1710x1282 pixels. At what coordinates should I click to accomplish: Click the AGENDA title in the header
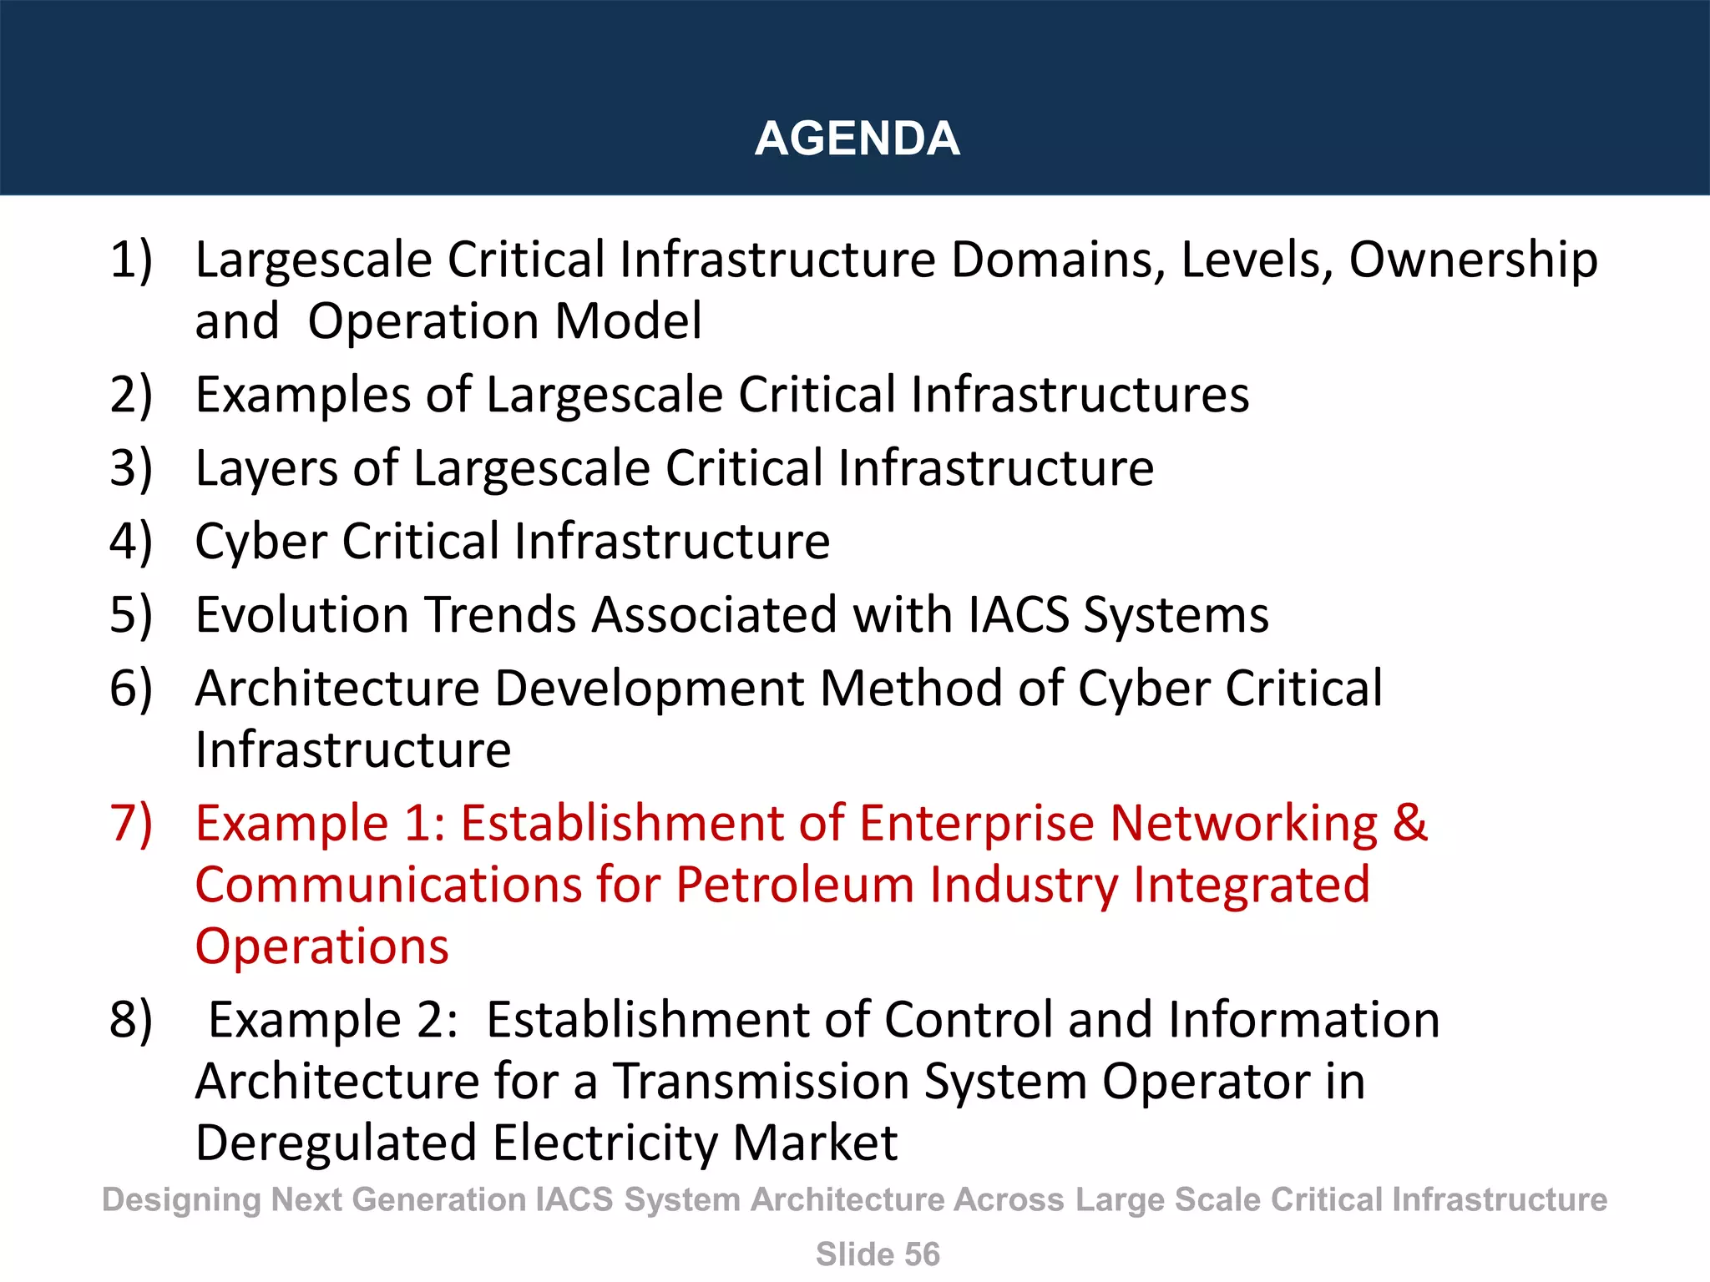(857, 139)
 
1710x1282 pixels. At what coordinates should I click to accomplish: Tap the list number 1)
(131, 260)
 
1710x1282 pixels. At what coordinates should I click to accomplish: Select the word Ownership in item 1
(1473, 260)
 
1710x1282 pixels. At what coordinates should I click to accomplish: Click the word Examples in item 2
(302, 394)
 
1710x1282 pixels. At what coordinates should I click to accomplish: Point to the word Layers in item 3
(266, 467)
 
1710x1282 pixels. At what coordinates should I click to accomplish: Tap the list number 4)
(131, 541)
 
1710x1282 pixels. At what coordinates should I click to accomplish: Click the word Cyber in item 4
(260, 541)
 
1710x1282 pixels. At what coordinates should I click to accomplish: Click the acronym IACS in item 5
(1019, 614)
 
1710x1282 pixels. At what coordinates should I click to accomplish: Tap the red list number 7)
(131, 823)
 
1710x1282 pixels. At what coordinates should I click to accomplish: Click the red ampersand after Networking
(1410, 823)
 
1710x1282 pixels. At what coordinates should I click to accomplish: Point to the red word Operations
(322, 946)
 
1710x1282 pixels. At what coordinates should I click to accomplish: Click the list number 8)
(131, 1020)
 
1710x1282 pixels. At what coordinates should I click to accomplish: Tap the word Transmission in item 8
(761, 1082)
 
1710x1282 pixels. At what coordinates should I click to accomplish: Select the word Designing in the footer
(181, 1200)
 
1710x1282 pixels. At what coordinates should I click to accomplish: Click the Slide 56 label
(878, 1254)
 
